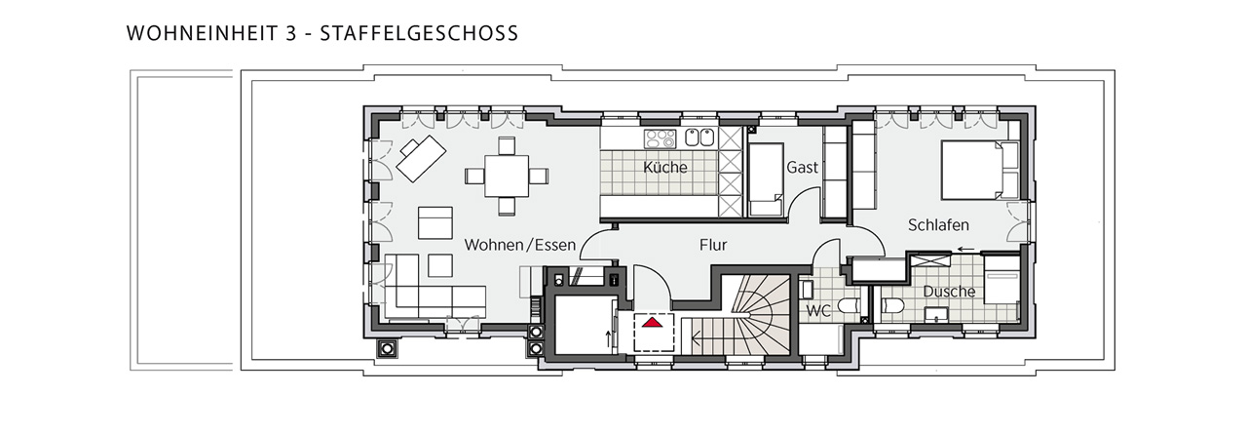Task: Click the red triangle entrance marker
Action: [x=654, y=322]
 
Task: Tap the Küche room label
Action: [x=664, y=167]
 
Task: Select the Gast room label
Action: [x=802, y=167]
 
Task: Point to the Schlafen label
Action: [x=938, y=225]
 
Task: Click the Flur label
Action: [x=713, y=245]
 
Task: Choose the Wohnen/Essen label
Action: [x=520, y=245]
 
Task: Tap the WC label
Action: [x=818, y=311]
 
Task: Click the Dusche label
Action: [x=949, y=292]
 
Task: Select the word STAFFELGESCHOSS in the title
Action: [x=419, y=33]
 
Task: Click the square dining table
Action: [x=506, y=177]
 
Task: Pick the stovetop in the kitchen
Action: [x=660, y=138]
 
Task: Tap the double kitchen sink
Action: [x=699, y=138]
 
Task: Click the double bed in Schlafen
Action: [x=980, y=170]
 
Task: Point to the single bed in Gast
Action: [x=766, y=179]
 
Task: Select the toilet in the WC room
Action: [x=850, y=306]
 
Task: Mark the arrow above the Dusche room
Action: [x=965, y=249]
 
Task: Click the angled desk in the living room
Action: [x=422, y=158]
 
